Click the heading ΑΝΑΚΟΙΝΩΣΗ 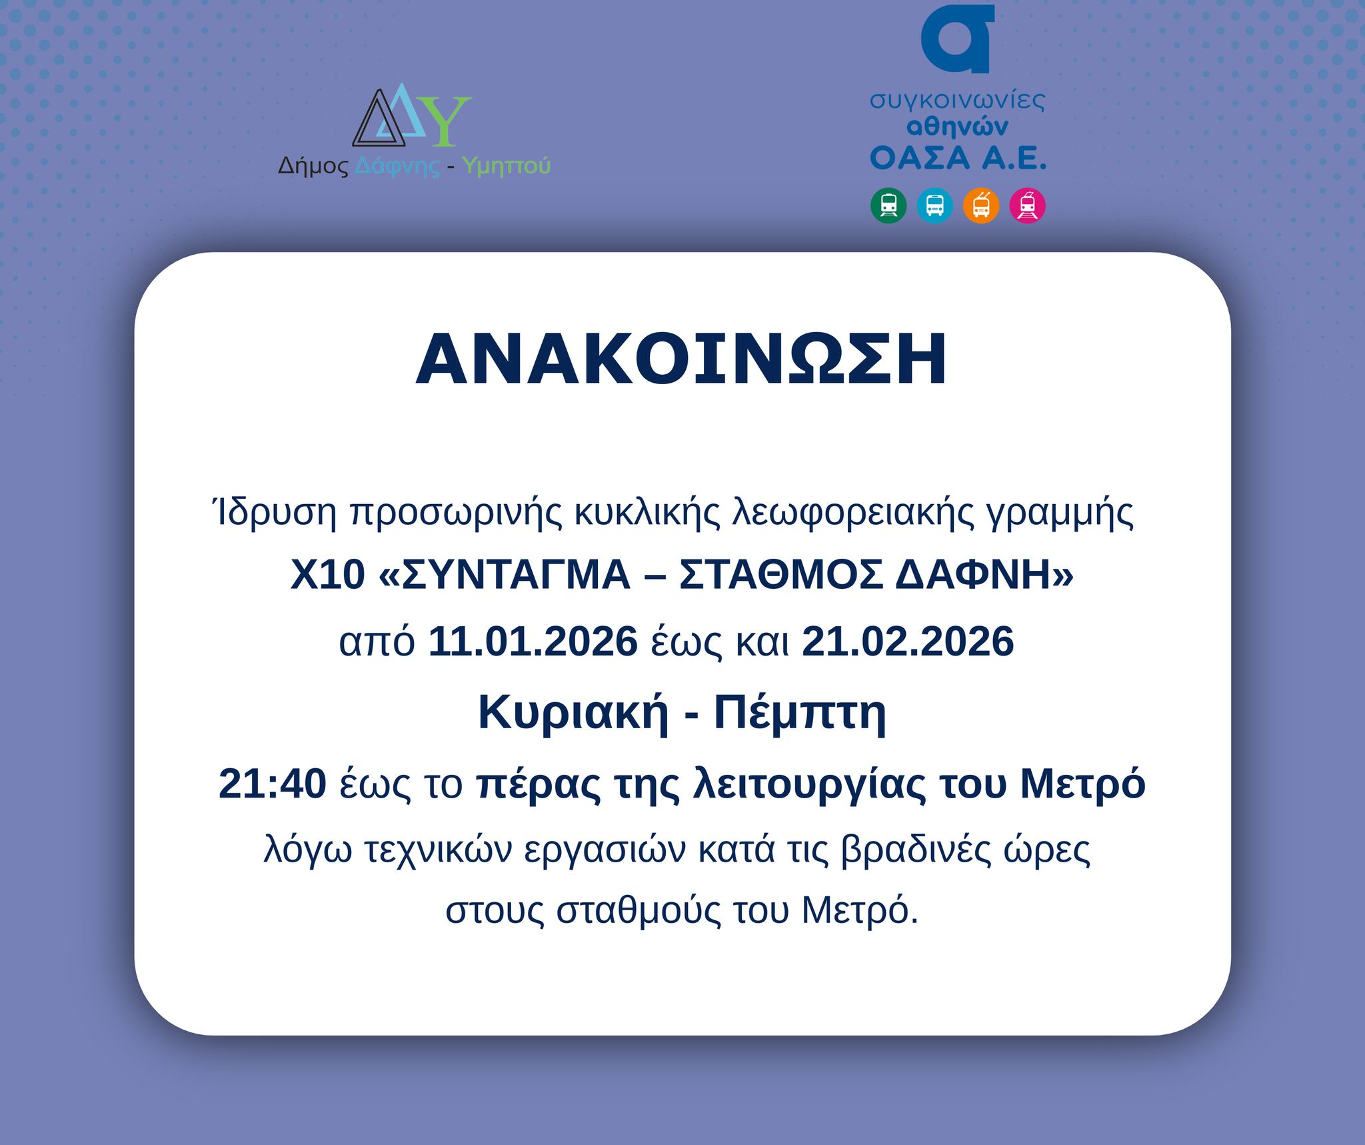(681, 359)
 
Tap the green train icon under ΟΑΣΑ (888, 205)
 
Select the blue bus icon (935, 205)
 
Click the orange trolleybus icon (981, 205)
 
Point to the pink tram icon (1028, 205)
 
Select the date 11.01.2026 (533, 642)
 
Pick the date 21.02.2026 (908, 642)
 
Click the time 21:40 (272, 783)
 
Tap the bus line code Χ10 (328, 575)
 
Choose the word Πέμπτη (800, 714)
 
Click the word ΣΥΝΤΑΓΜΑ (517, 575)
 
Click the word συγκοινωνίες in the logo (958, 101)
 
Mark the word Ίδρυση (273, 512)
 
